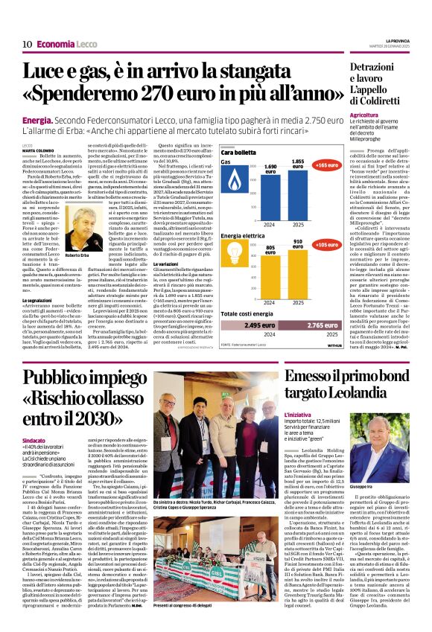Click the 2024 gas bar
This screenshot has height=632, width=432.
270,187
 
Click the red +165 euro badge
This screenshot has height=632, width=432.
326,165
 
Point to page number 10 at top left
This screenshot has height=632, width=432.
26,44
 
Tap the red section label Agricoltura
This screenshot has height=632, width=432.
363,115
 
